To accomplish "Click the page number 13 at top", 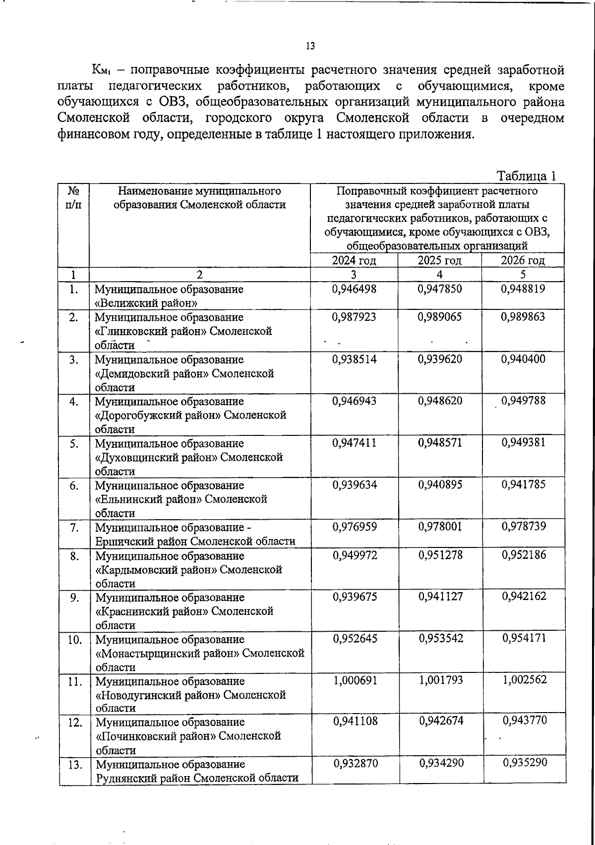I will (x=310, y=46).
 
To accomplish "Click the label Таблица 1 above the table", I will (x=527, y=176).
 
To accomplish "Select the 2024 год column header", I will (x=354, y=260).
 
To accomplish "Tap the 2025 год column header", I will (x=439, y=260).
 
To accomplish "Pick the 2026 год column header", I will (x=523, y=260).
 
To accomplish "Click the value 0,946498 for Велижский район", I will (x=354, y=289).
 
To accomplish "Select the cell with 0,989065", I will (x=439, y=317).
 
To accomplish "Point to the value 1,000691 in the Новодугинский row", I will (x=355, y=680).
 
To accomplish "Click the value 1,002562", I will (x=524, y=680).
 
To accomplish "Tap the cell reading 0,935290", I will (x=525, y=763).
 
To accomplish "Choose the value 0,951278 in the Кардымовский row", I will (x=440, y=555).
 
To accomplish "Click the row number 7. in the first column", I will (x=74, y=528).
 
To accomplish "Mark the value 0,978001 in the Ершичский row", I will (x=440, y=527).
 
